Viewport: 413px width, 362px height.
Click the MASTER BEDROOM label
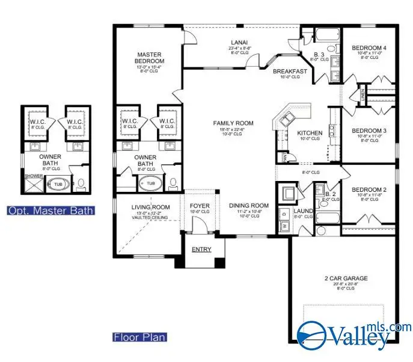pos(150,57)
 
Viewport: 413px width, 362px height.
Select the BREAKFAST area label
pos(290,72)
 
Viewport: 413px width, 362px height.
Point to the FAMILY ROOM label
pos(233,123)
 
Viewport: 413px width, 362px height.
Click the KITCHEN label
pos(310,133)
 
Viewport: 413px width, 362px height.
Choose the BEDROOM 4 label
pos(369,48)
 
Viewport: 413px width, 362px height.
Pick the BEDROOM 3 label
pos(369,130)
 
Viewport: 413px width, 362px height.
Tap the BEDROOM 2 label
pos(369,189)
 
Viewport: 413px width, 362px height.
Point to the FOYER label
pos(200,206)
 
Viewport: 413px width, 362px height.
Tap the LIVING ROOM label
pos(151,207)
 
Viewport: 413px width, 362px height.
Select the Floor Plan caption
pos(139,337)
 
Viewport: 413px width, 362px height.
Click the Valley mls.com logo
pos(355,334)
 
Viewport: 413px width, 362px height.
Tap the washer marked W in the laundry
pos(283,226)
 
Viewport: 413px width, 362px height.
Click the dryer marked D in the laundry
pos(283,214)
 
